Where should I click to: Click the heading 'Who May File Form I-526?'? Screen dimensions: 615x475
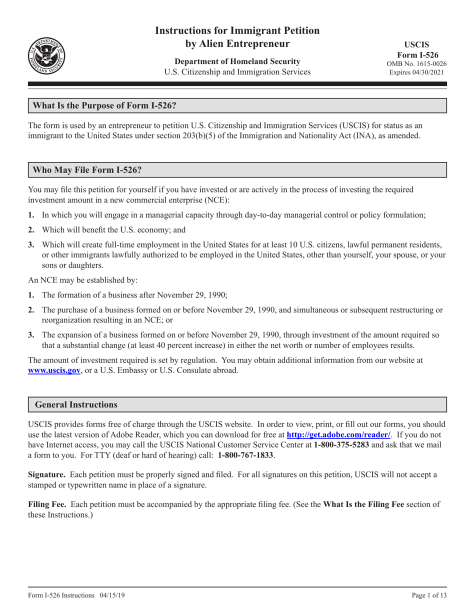coord(87,170)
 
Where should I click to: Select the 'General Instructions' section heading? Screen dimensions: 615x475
coord(75,404)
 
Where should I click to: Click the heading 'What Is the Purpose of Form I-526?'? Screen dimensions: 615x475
coord(104,105)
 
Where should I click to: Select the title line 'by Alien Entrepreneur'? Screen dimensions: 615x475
coord(237,43)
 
